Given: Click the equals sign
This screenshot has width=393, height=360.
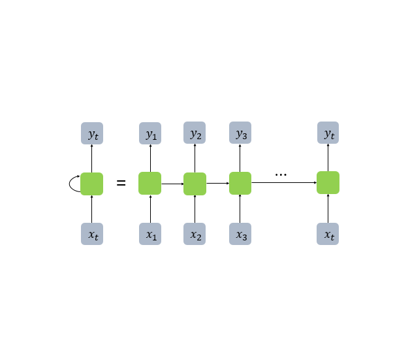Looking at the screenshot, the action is click(121, 183).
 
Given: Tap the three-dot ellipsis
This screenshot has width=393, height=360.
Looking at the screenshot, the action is click(281, 174).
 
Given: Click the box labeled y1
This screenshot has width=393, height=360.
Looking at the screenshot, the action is click(150, 133).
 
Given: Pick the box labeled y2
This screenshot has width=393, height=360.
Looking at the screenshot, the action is click(195, 133).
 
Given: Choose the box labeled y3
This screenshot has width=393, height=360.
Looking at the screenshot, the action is click(240, 133).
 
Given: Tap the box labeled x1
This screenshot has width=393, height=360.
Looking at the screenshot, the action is click(150, 234).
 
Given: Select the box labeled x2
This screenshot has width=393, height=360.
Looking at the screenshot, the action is click(195, 234).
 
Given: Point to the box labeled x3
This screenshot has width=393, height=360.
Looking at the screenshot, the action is click(240, 234).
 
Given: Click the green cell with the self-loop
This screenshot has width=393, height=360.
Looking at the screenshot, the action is click(92, 184).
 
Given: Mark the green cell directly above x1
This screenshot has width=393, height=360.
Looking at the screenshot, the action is click(150, 183).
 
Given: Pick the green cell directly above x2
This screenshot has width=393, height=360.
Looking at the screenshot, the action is click(195, 184).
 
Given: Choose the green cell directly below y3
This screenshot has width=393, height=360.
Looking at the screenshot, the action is click(240, 183).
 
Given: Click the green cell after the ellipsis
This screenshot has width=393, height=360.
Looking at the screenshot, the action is click(328, 183).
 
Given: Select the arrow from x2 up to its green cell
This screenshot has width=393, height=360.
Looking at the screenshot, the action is click(195, 209).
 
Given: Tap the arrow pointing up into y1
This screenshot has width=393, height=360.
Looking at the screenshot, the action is click(150, 158).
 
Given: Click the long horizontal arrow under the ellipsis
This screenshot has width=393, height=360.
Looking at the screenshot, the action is click(284, 183).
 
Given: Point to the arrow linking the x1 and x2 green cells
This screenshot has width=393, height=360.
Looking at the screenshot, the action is click(172, 184).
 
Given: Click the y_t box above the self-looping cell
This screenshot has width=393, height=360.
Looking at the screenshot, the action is click(92, 133).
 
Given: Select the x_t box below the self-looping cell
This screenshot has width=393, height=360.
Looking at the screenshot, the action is click(92, 234).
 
